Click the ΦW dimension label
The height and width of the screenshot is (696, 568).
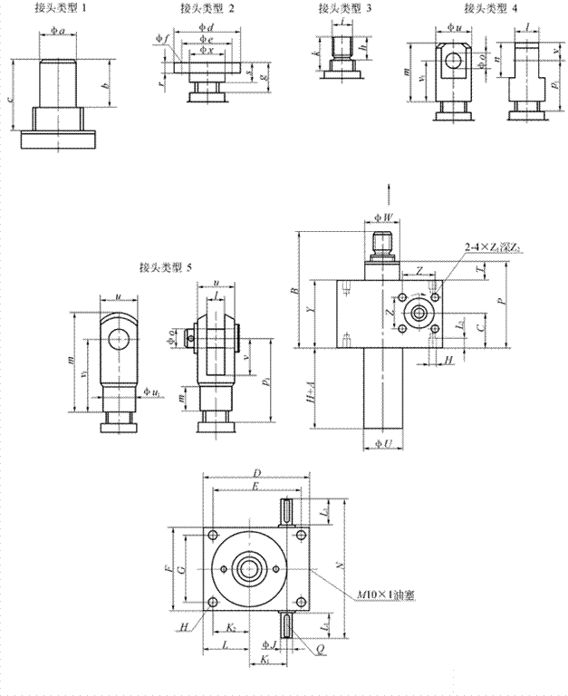tap(384, 217)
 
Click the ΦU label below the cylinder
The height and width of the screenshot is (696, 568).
tap(382, 445)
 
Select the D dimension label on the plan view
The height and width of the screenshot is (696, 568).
tap(257, 473)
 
